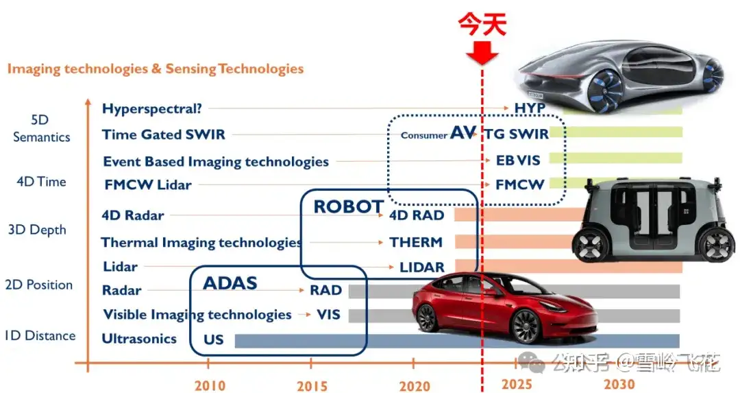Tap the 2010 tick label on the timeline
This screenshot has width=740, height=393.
pos(210,385)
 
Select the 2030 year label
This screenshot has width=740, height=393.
pos(619,383)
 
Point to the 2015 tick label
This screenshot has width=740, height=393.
pos(312,385)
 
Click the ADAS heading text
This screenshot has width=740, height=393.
pos(230,283)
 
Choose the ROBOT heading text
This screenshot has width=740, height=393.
pos(348,206)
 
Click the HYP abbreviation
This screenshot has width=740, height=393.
pos(530,108)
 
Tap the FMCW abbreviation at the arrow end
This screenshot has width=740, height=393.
pos(519,184)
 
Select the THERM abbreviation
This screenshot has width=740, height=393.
pos(416,242)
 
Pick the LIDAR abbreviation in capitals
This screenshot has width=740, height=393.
pos(417,267)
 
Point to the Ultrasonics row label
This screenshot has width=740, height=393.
pos(139,339)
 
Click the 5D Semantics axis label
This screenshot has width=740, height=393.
pos(41,128)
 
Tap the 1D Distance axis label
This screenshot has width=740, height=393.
pos(40,335)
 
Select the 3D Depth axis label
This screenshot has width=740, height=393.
pos(37,230)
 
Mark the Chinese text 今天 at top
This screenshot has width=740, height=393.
pos(482,25)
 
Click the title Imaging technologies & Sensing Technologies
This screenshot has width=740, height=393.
pos(156,69)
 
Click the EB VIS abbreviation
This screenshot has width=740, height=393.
pos(518,160)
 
